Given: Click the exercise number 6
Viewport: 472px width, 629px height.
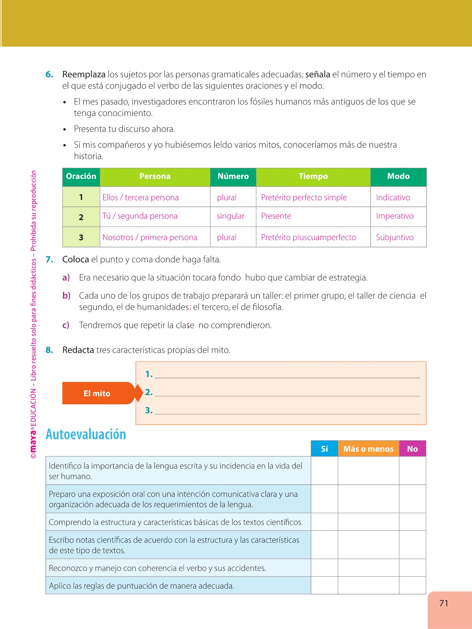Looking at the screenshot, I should [49, 74].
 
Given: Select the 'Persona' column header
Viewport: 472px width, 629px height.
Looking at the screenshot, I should [155, 176].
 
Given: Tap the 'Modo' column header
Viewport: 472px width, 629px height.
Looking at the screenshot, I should [398, 176].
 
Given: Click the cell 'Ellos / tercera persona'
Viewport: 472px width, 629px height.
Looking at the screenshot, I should [141, 197].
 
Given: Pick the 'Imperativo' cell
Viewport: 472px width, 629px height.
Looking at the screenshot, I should [395, 216].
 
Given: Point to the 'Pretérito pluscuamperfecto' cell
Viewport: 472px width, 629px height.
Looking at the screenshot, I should [308, 238].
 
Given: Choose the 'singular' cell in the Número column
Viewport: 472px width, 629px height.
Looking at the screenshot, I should [230, 216].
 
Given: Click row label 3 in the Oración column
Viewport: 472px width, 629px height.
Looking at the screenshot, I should [81, 238].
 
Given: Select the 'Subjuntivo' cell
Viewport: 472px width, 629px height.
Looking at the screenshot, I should [395, 238].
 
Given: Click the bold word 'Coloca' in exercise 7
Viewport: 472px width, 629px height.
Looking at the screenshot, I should [76, 260].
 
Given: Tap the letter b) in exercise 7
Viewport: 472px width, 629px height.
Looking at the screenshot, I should [66, 296].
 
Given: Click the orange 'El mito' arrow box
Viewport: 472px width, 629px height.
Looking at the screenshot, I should [98, 393].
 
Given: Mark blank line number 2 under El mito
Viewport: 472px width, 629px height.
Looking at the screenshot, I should [287, 393].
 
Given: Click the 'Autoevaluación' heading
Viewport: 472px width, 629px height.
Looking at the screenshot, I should [86, 434].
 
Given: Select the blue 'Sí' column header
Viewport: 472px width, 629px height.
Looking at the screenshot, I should [324, 449].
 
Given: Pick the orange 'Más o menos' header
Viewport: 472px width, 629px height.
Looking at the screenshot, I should [369, 449].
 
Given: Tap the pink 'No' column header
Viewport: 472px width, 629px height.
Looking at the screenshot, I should [413, 449].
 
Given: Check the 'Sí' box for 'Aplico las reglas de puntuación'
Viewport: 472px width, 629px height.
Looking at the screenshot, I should [324, 586].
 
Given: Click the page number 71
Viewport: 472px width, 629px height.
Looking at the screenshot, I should [444, 603].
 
